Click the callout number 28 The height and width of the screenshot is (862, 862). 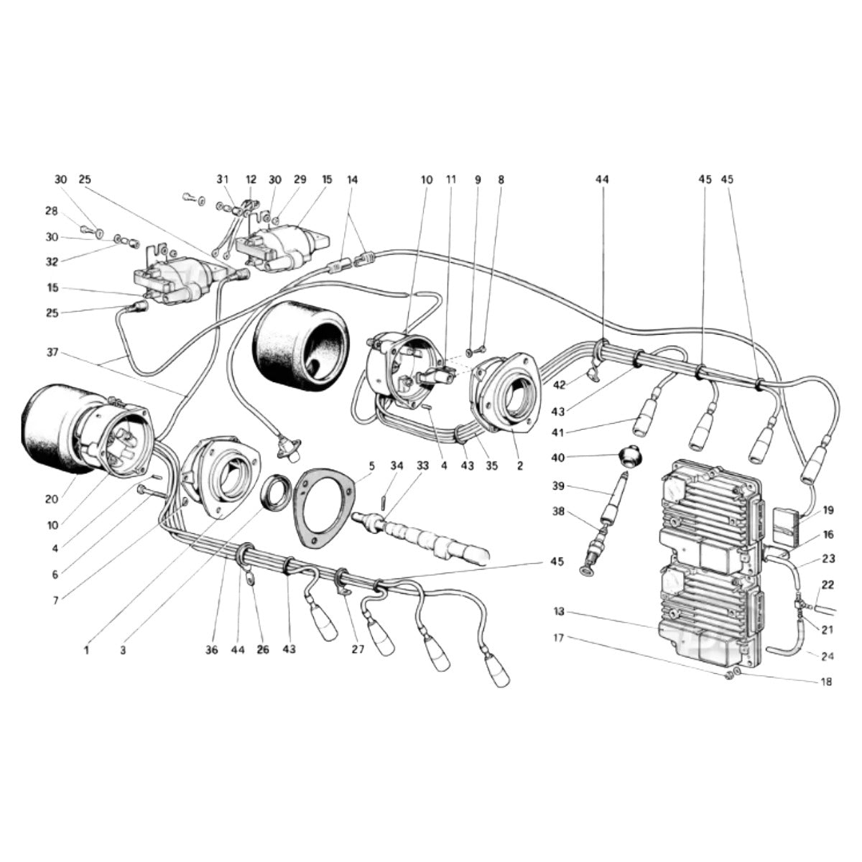point(52,211)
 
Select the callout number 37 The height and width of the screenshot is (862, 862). point(52,353)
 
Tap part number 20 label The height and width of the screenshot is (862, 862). point(52,499)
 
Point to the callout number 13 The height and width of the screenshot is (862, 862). point(559,611)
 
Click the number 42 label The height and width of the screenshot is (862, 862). point(559,385)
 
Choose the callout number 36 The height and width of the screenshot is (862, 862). point(212,650)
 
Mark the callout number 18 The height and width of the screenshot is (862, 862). point(826,682)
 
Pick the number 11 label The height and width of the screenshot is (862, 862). point(451,180)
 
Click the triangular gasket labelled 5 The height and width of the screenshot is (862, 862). point(325,507)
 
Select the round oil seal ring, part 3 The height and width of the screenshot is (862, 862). point(277,491)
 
